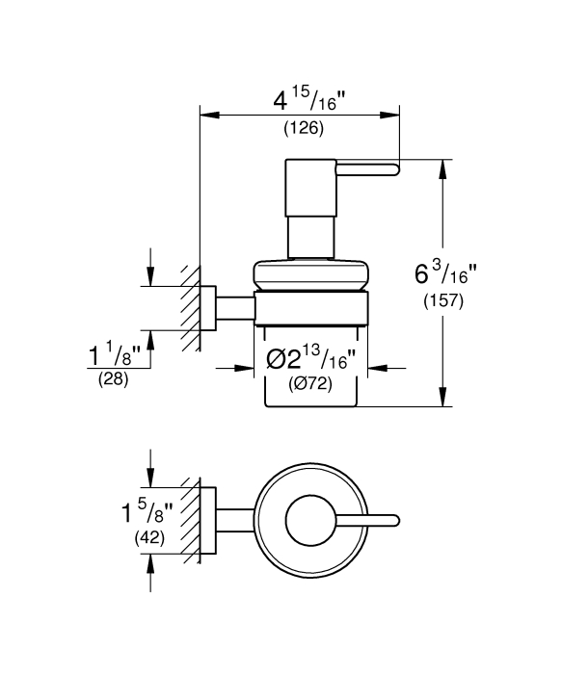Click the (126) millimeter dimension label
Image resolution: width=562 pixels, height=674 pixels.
click(x=304, y=128)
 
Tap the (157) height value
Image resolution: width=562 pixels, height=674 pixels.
click(x=443, y=300)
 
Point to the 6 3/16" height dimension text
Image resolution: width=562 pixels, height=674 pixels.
click(x=445, y=272)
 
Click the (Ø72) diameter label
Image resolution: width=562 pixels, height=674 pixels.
click(x=310, y=384)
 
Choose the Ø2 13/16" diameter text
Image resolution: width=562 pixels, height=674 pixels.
click(x=311, y=358)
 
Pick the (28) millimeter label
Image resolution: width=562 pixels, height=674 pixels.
click(x=114, y=379)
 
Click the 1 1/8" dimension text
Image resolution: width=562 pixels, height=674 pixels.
click(x=115, y=353)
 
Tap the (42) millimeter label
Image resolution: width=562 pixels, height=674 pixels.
click(x=149, y=537)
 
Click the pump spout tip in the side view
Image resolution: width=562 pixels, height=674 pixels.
click(x=397, y=169)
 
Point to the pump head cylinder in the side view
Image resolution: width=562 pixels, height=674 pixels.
click(x=310, y=189)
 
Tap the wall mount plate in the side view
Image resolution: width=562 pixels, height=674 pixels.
click(x=208, y=308)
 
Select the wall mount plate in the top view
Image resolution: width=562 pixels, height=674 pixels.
click(x=208, y=521)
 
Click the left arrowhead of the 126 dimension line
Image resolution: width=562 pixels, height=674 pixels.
click(x=210, y=115)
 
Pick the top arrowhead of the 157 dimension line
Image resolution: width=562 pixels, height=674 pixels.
click(x=442, y=169)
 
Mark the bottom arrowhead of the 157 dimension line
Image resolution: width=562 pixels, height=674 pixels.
click(x=442, y=397)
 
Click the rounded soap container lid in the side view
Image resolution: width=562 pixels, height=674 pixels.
click(x=310, y=274)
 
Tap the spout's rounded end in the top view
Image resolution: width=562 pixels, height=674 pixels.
click(x=396, y=521)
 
